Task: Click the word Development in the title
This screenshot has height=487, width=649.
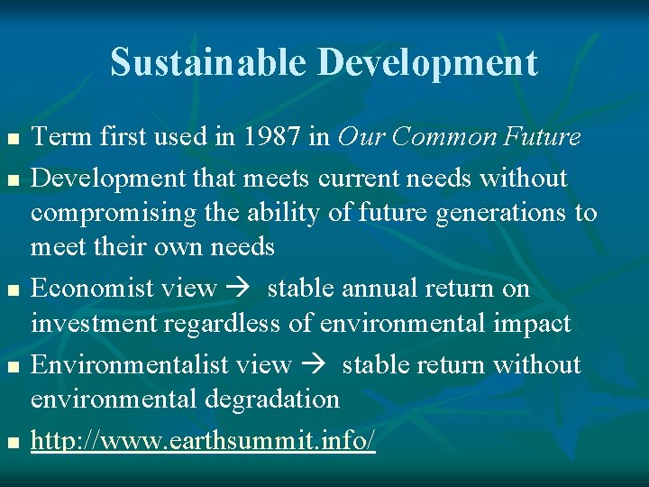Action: pos(428,63)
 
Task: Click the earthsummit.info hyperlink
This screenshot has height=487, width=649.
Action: pos(203,441)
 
